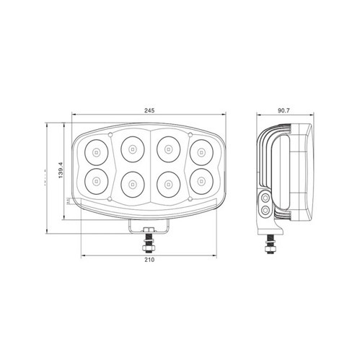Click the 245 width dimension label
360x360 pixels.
[149, 110]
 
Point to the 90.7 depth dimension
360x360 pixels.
[284, 110]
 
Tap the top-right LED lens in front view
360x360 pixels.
[200, 152]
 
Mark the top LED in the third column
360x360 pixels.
[167, 150]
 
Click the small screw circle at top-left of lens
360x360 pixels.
[110, 134]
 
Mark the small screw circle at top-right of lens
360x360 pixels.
[189, 134]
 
